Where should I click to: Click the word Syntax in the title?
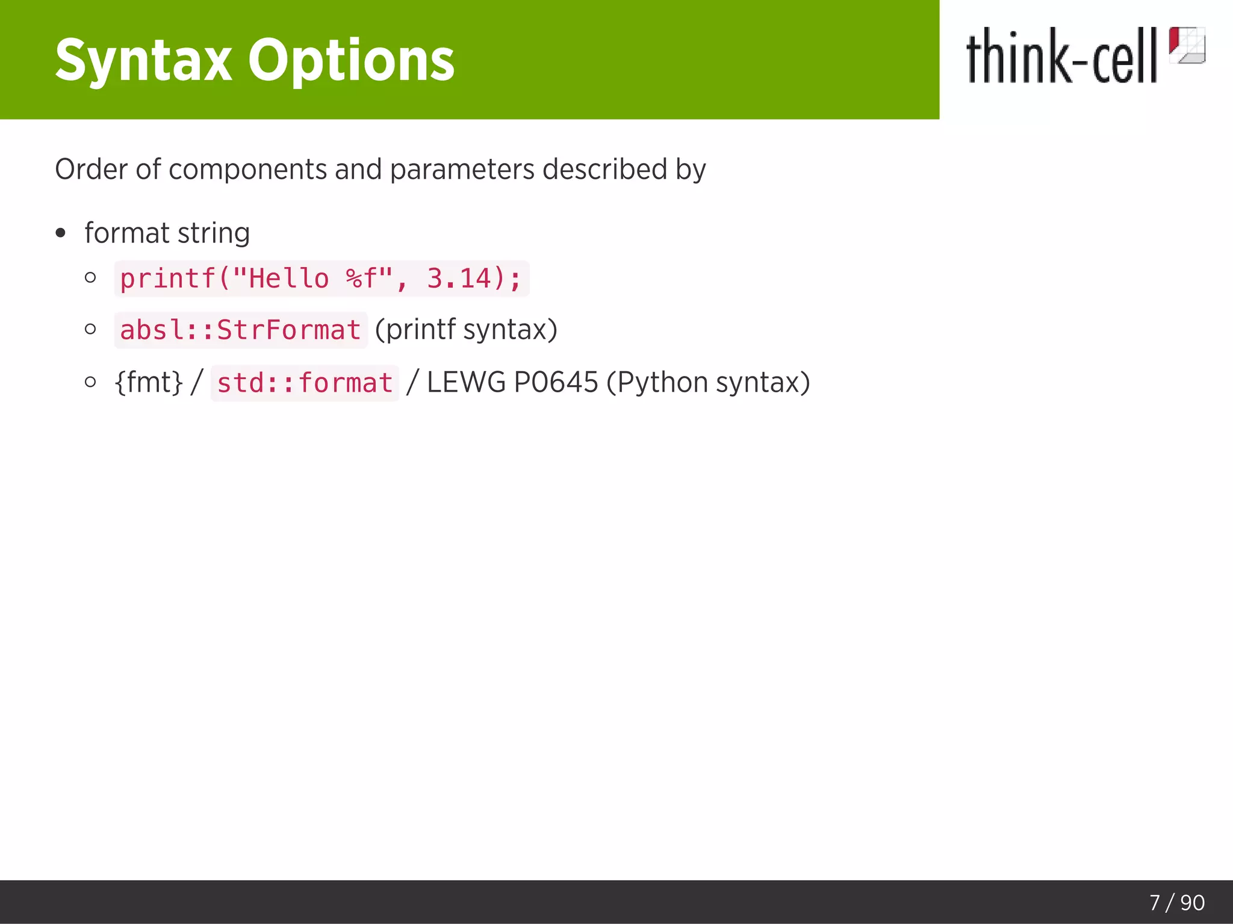tap(143, 60)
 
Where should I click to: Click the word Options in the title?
tap(351, 60)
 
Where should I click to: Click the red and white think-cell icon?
tap(1187, 45)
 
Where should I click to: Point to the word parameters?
tap(462, 170)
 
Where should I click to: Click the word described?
tap(604, 170)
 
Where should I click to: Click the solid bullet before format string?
tap(60, 233)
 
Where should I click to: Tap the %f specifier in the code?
tap(361, 279)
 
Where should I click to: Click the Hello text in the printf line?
tap(288, 279)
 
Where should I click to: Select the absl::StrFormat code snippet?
tap(240, 330)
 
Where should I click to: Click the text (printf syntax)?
tap(466, 330)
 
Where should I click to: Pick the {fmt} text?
tap(148, 383)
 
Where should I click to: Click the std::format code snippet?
tap(305, 383)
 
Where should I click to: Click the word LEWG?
tap(466, 383)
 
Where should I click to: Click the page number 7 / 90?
tap(1176, 902)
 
